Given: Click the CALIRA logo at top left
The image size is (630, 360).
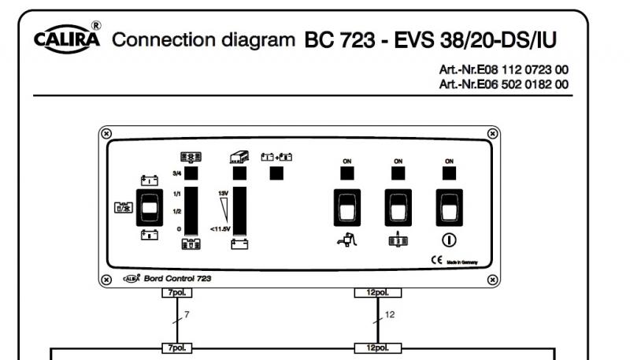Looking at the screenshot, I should [x=66, y=39].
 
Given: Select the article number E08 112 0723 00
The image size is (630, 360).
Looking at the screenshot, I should [x=503, y=70].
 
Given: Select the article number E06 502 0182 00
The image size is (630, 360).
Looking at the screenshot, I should [x=503, y=84].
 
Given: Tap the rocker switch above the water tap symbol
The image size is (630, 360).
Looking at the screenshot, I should [x=346, y=207].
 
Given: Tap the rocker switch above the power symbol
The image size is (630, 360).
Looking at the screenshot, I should [x=449, y=207].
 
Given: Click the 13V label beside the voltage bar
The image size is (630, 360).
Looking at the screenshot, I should [x=224, y=191].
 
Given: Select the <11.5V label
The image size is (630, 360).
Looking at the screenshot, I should [x=220, y=228].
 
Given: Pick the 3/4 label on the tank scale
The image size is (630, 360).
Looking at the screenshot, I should [x=176, y=173].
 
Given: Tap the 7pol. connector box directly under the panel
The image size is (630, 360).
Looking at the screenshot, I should [x=176, y=293].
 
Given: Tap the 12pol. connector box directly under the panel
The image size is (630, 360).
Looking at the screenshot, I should [x=378, y=293].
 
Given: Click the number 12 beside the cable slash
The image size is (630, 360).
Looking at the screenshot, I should [x=389, y=315].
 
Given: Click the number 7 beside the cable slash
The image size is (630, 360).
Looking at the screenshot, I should [x=187, y=315].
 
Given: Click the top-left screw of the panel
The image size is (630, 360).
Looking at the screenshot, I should [x=107, y=132].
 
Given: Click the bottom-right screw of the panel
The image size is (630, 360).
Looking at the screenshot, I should [x=493, y=279].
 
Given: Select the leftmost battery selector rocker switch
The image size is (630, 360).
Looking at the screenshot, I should [x=150, y=208].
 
